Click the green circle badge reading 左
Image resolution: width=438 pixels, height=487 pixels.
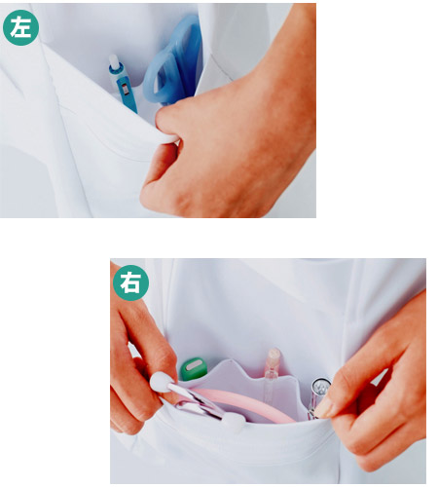click(20, 27)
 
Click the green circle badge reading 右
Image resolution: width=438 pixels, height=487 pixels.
click(130, 282)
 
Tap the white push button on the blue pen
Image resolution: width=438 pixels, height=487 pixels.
click(114, 60)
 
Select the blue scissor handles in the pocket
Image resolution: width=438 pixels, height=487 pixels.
click(172, 65)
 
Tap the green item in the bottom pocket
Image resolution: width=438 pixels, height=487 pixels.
click(194, 368)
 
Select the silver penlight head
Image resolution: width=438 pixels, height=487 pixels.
click(320, 386)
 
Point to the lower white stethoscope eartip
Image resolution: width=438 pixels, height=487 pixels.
click(235, 423)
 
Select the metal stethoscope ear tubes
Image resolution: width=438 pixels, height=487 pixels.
click(197, 402)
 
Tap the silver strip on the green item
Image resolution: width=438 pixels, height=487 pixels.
click(194, 365)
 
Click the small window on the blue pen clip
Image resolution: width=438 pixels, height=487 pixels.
click(125, 90)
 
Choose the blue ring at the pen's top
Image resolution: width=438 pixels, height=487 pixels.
click(115, 68)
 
